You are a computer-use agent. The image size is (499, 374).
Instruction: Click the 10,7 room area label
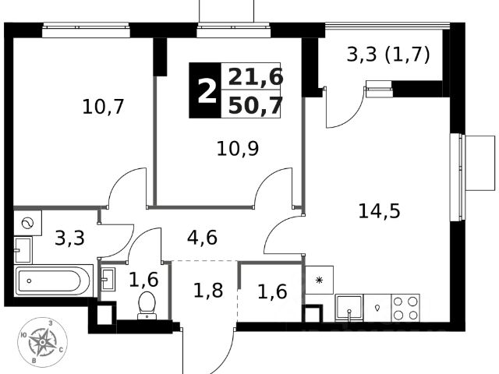tap(103, 107)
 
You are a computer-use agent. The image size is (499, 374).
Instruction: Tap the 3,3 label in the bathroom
tap(71, 238)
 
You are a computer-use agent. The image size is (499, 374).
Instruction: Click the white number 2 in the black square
tap(206, 91)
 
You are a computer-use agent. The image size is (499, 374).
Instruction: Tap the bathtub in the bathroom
tap(53, 280)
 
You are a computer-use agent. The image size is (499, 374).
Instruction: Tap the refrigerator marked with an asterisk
tap(319, 280)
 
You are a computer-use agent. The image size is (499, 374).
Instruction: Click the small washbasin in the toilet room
tap(108, 278)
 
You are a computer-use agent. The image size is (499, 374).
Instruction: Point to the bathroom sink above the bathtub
tap(23, 250)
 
